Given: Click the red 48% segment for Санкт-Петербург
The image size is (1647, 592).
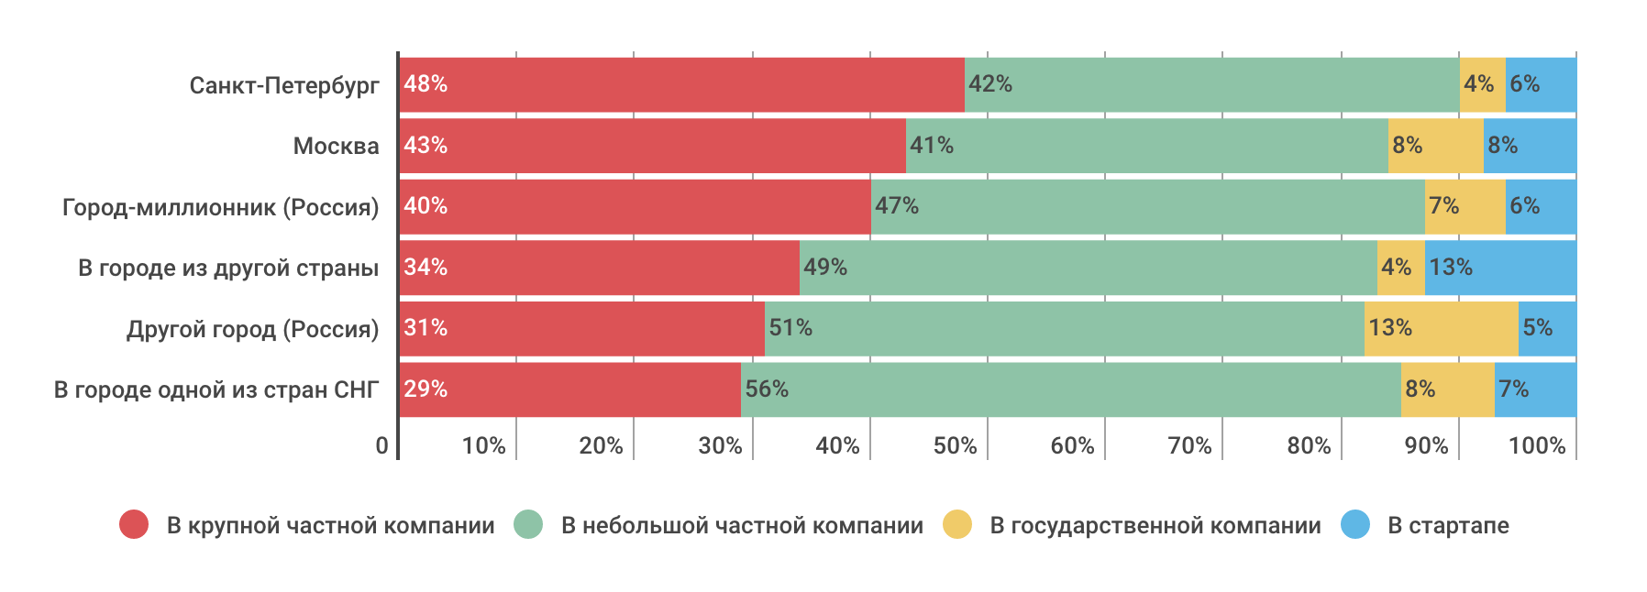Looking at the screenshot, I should click(x=681, y=84).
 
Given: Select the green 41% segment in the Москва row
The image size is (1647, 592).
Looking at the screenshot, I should click(x=1146, y=146).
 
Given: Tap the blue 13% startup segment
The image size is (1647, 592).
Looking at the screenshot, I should click(x=1500, y=268).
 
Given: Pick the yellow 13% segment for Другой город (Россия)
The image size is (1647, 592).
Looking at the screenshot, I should click(x=1441, y=328).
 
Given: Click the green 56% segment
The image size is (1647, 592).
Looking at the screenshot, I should click(x=1070, y=389).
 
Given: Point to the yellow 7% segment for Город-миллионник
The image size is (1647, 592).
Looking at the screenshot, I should click(x=1465, y=206).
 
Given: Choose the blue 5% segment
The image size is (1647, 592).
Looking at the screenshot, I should click(x=1547, y=328).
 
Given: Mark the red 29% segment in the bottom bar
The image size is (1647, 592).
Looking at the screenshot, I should click(x=569, y=389).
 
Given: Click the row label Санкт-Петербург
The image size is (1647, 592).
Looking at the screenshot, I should click(x=284, y=85).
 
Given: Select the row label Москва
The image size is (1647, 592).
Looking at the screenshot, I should click(x=336, y=146).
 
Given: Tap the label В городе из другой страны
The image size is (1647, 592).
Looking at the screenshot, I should click(x=228, y=268).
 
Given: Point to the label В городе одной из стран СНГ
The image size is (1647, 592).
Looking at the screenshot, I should click(x=216, y=389).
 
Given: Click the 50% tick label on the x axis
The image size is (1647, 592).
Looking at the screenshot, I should click(x=955, y=445).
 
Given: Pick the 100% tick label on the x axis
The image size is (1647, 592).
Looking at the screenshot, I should click(x=1537, y=445).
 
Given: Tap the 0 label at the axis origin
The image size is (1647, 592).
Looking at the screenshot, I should click(x=382, y=445).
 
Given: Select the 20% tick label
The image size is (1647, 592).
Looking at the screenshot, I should click(x=601, y=445).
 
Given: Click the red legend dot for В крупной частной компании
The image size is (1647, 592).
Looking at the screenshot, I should click(x=134, y=524).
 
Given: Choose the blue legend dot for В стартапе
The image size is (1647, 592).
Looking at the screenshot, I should click(x=1354, y=524).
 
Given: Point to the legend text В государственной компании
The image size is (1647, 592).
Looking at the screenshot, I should click(x=1155, y=525).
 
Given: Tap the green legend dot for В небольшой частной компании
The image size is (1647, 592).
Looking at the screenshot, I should click(x=528, y=524).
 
